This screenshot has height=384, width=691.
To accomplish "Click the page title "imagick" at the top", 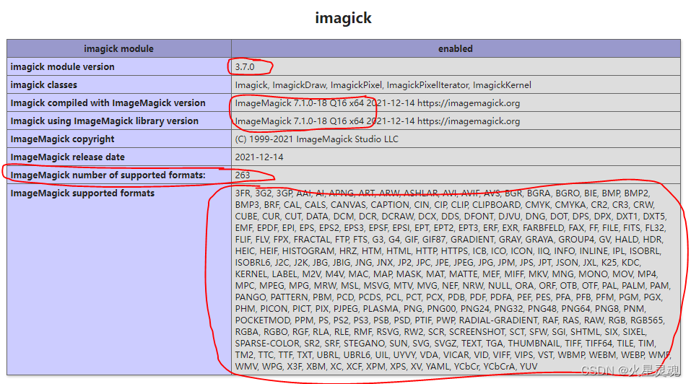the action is (x=343, y=18).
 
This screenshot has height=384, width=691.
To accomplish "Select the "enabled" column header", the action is (x=455, y=49).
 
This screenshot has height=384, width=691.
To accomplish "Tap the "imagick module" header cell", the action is (x=118, y=49).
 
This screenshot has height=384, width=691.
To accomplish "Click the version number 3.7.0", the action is (x=246, y=67).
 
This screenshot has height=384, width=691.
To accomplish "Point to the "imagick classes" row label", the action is (x=43, y=85).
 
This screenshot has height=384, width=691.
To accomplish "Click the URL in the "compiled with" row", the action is (x=469, y=103).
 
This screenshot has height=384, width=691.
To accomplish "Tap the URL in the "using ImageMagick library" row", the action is (x=469, y=121).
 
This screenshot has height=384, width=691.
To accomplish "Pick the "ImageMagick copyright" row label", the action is (x=62, y=139).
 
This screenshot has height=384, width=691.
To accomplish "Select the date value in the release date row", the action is (x=259, y=157).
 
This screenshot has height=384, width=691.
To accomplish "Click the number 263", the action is (x=243, y=175).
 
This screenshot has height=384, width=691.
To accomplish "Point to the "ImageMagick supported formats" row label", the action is (x=82, y=193).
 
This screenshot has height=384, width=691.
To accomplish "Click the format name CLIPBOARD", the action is (x=497, y=205).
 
